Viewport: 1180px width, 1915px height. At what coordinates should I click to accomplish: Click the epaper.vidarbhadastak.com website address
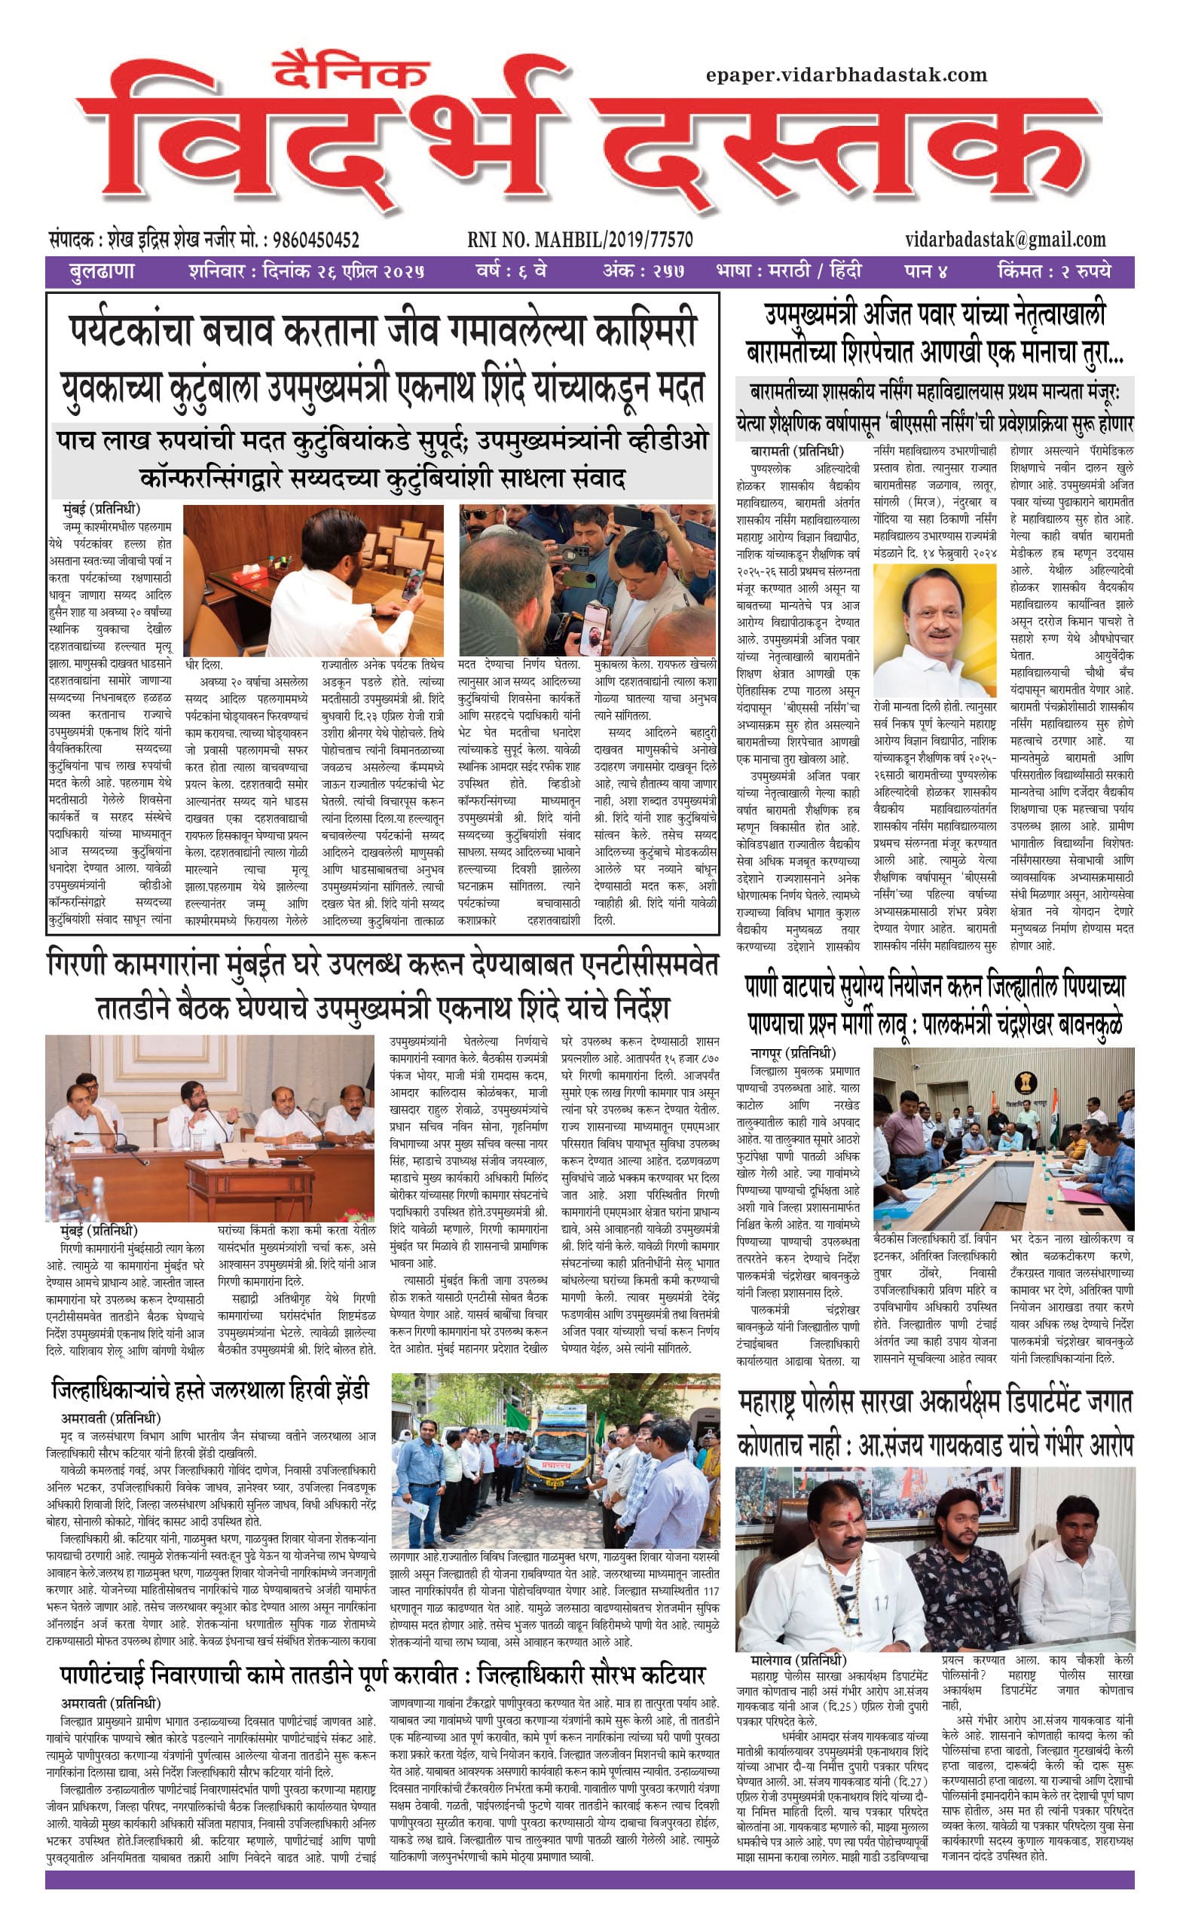(x=846, y=75)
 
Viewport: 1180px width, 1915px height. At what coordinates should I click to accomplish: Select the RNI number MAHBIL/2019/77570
(x=580, y=240)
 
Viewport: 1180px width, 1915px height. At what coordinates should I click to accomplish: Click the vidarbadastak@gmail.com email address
(x=1005, y=240)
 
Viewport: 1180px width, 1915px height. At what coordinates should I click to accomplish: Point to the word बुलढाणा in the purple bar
(x=102, y=272)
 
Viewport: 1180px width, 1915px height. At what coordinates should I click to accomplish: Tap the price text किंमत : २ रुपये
(x=1053, y=272)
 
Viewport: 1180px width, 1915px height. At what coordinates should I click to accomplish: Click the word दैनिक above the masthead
(x=352, y=73)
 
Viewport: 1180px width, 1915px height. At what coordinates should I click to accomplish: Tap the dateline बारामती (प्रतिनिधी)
(x=796, y=451)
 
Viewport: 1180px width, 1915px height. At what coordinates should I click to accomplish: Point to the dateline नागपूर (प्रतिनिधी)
(x=793, y=1053)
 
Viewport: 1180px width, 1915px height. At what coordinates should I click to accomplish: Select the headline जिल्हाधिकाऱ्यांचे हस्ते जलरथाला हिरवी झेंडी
(x=210, y=1390)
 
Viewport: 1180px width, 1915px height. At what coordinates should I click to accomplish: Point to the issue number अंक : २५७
(x=643, y=272)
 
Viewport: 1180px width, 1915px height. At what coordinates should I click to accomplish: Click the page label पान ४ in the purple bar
(x=925, y=272)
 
